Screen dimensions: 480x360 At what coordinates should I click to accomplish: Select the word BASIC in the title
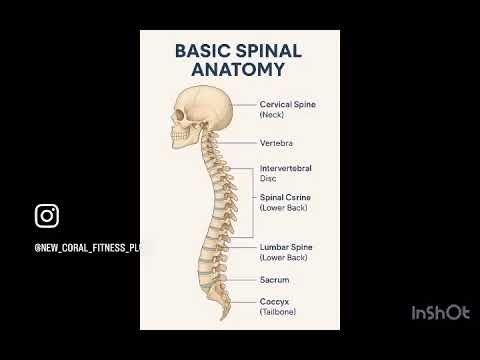click(201, 50)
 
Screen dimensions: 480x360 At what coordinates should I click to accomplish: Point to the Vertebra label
click(276, 143)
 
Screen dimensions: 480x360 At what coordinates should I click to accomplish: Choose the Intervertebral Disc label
click(286, 169)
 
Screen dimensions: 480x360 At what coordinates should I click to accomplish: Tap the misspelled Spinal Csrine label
click(285, 197)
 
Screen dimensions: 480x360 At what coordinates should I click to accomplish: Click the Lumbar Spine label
click(286, 246)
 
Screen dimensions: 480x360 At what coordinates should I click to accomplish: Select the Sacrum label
click(274, 280)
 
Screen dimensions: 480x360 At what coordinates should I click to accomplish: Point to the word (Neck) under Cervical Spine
click(272, 115)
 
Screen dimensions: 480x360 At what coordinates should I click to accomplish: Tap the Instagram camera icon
click(47, 216)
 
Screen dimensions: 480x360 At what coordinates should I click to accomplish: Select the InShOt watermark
click(440, 313)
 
